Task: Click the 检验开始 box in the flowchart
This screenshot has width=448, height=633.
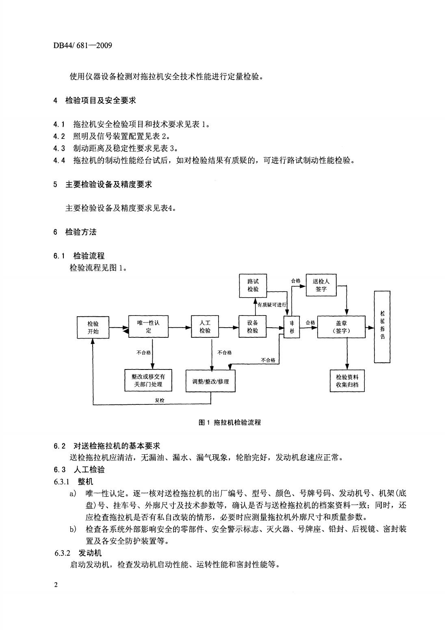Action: [x=93, y=327]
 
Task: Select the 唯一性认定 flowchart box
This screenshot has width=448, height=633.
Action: [x=148, y=326]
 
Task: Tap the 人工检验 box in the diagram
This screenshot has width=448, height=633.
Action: [x=205, y=326]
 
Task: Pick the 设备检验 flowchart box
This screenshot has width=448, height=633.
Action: [x=252, y=326]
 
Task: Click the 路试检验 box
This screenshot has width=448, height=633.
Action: [x=253, y=285]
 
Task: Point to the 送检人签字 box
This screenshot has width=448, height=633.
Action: [x=321, y=285]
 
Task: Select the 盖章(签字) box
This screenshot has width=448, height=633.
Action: [x=341, y=327]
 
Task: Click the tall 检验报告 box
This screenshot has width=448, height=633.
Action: [x=382, y=327]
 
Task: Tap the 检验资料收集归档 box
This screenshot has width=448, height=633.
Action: [x=347, y=380]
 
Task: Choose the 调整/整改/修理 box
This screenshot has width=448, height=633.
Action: [x=210, y=381]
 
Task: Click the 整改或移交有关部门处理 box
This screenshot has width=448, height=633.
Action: [x=148, y=380]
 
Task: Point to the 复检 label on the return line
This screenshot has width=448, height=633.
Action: [x=159, y=400]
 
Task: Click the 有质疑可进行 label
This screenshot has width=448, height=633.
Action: [x=272, y=305]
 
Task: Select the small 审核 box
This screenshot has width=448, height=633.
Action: [x=292, y=327]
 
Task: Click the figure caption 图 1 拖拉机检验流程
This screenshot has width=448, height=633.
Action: [x=229, y=422]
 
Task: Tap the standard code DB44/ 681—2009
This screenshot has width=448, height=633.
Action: [x=82, y=45]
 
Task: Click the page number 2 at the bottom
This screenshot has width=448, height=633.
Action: [x=56, y=585]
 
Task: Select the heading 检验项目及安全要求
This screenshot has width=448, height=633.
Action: [x=101, y=100]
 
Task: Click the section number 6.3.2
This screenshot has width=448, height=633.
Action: [x=62, y=553]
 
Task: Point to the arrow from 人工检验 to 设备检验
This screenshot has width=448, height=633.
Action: [x=229, y=328]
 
